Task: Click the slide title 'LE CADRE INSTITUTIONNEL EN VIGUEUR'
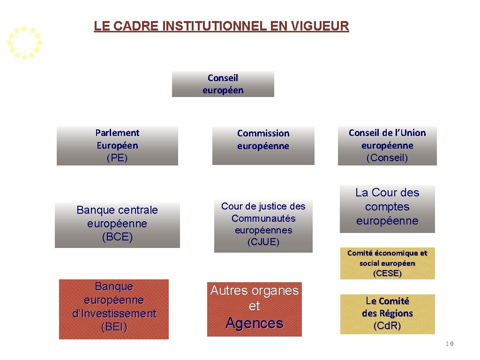click(221, 26)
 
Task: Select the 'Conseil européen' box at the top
click(223, 84)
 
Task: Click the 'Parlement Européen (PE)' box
click(117, 145)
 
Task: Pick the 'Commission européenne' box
click(263, 145)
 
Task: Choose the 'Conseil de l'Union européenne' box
click(387, 145)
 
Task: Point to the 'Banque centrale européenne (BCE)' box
click(117, 225)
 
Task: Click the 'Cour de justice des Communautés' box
click(263, 225)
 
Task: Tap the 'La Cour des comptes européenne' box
click(387, 208)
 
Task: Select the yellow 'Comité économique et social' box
click(387, 263)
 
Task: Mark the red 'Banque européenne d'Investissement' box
click(114, 309)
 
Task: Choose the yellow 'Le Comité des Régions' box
click(387, 314)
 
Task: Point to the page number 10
click(450, 344)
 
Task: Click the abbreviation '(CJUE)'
click(263, 242)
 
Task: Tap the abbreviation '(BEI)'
click(114, 327)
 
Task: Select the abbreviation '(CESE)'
click(387, 273)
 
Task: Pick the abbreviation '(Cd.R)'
click(387, 326)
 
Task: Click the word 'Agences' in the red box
click(255, 323)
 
